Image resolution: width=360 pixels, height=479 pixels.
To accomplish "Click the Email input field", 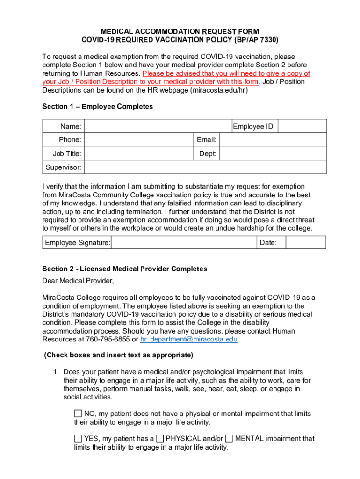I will pos(273,140).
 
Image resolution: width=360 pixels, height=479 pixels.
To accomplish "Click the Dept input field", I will pos(273,153).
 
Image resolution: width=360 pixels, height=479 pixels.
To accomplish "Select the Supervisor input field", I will pos(206,167).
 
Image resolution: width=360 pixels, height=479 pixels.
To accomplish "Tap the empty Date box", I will pos(305,242).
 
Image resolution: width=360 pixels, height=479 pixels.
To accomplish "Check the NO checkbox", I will pos(78,414).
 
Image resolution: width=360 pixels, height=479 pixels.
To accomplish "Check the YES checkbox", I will pos(78,439).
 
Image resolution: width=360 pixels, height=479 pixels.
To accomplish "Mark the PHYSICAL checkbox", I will pos(160,439).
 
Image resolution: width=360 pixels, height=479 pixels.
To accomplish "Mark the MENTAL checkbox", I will pos(229,439).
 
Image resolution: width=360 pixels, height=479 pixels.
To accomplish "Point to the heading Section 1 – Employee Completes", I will pos(97,107).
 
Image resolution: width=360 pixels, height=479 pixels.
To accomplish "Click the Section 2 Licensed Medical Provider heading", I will pos(124,269).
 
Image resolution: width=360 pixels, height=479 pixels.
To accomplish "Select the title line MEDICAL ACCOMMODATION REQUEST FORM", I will pos(180,31).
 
